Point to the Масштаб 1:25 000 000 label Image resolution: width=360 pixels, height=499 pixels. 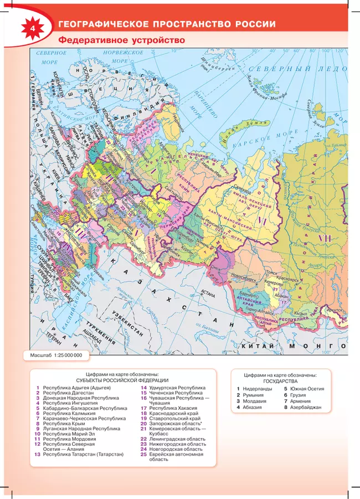tap(56, 354)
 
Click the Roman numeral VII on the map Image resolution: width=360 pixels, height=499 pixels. tap(323, 238)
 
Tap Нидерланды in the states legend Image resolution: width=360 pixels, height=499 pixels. tap(258, 389)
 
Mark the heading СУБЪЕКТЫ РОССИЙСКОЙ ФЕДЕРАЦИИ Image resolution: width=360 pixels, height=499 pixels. tap(122, 380)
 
